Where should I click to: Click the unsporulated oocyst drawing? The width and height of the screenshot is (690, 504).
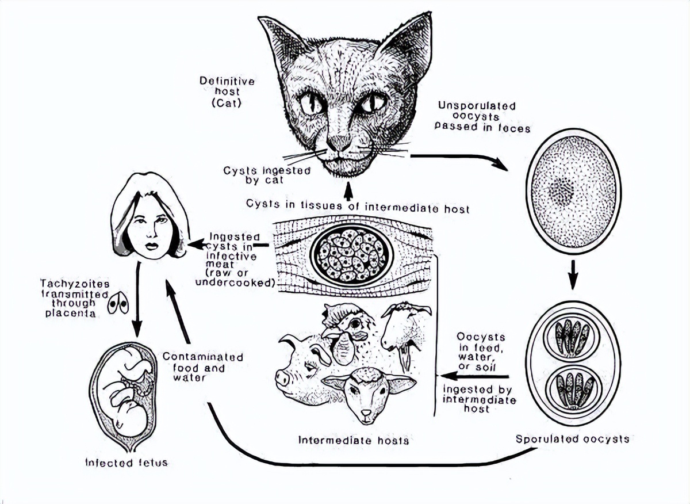(x=573, y=190)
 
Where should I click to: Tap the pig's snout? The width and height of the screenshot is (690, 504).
(x=283, y=378)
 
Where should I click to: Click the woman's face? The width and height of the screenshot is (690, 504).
(x=150, y=227)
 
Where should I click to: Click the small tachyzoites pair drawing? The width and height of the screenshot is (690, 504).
(x=118, y=304)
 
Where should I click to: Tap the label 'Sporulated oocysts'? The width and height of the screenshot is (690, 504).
(x=572, y=439)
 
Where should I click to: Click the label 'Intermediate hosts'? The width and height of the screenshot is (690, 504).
(x=354, y=440)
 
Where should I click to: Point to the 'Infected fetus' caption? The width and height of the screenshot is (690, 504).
(x=126, y=462)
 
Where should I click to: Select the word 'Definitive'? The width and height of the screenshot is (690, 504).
(x=227, y=81)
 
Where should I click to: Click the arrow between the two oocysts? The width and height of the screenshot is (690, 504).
(x=572, y=274)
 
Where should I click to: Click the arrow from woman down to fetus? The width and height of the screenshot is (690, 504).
(x=137, y=299)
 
